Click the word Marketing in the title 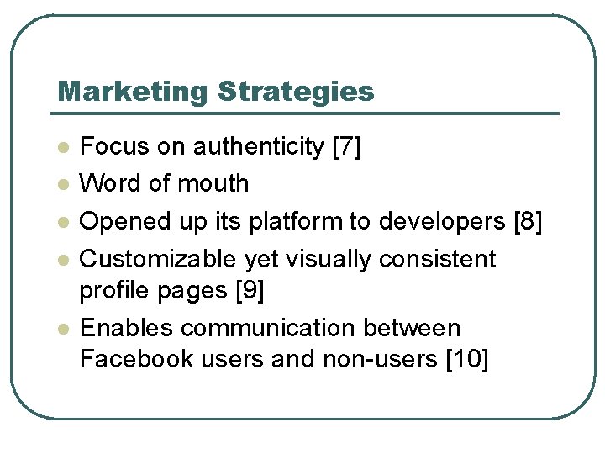coord(133,91)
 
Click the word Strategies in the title coord(296,91)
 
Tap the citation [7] coord(347,147)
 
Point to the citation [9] coord(250,291)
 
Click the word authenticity coord(259,147)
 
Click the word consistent coord(438,259)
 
